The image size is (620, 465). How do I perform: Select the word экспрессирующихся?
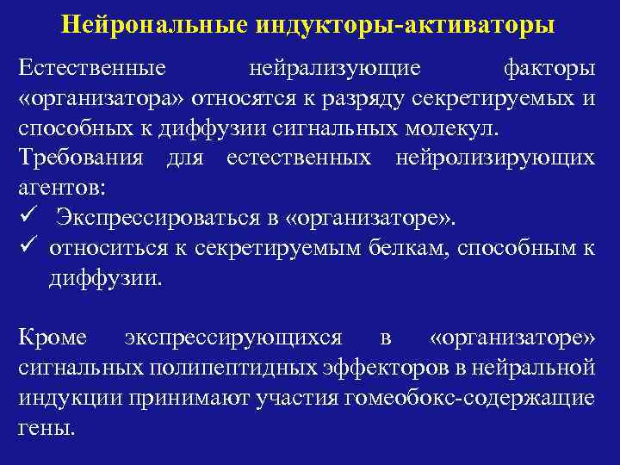click(233, 338)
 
